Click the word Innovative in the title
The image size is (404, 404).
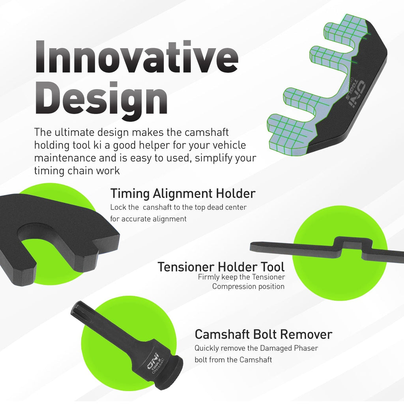(x=137, y=57)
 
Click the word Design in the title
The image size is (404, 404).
(x=101, y=99)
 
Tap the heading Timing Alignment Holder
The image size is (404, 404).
(x=183, y=193)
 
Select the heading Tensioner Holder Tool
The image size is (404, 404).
(x=221, y=267)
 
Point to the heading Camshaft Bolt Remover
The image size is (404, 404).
(x=263, y=335)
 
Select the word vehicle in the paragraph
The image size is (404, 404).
(x=230, y=145)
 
